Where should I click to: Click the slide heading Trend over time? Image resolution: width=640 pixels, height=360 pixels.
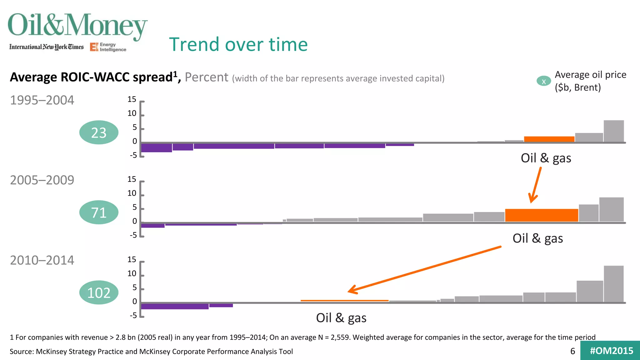click(x=238, y=44)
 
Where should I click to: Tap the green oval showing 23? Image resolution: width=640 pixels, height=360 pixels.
click(x=99, y=132)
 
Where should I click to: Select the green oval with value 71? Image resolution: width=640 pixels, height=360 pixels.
click(x=99, y=212)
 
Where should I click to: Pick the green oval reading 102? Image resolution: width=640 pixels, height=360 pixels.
click(x=99, y=293)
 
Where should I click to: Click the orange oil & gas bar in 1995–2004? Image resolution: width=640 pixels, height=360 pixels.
click(x=549, y=139)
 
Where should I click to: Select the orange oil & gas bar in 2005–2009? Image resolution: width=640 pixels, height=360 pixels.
click(x=541, y=215)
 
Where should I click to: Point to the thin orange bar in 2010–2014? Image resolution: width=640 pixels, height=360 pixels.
click(x=344, y=301)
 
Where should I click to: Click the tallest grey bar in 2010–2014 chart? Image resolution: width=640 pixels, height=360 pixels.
click(x=613, y=284)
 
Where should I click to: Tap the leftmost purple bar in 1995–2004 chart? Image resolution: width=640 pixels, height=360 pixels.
click(x=156, y=147)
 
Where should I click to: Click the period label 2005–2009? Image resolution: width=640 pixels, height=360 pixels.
click(x=42, y=180)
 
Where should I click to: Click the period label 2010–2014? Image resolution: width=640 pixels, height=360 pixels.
click(x=42, y=260)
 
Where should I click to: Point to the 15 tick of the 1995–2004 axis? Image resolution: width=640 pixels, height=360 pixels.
click(x=132, y=100)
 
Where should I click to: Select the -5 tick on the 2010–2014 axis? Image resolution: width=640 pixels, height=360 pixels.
click(x=133, y=315)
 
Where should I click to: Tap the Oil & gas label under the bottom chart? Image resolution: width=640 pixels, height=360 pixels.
click(x=341, y=318)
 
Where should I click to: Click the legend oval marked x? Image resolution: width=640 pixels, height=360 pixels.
click(x=544, y=81)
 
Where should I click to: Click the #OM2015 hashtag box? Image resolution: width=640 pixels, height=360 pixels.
click(x=611, y=351)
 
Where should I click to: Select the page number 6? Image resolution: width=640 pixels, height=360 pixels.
click(x=572, y=351)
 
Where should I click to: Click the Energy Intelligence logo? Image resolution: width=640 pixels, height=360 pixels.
click(x=108, y=47)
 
